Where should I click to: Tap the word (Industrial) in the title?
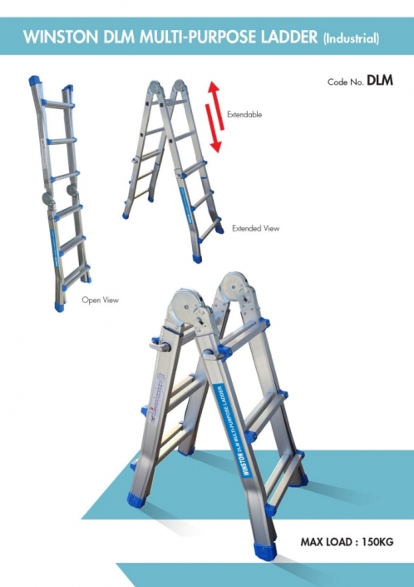click(x=351, y=38)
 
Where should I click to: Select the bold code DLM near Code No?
click(x=380, y=80)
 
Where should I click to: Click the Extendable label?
click(x=244, y=115)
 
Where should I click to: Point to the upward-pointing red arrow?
click(x=217, y=106)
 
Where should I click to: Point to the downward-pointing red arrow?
click(x=213, y=128)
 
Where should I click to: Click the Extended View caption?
click(x=255, y=228)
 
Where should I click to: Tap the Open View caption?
click(x=100, y=300)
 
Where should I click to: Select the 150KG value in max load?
click(x=377, y=542)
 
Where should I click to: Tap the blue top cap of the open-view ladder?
click(x=35, y=81)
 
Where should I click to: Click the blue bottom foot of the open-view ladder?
click(x=59, y=306)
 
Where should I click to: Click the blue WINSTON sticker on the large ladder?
click(x=232, y=430)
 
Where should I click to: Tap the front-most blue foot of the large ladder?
click(x=266, y=551)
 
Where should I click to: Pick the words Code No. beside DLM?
click(x=346, y=82)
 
